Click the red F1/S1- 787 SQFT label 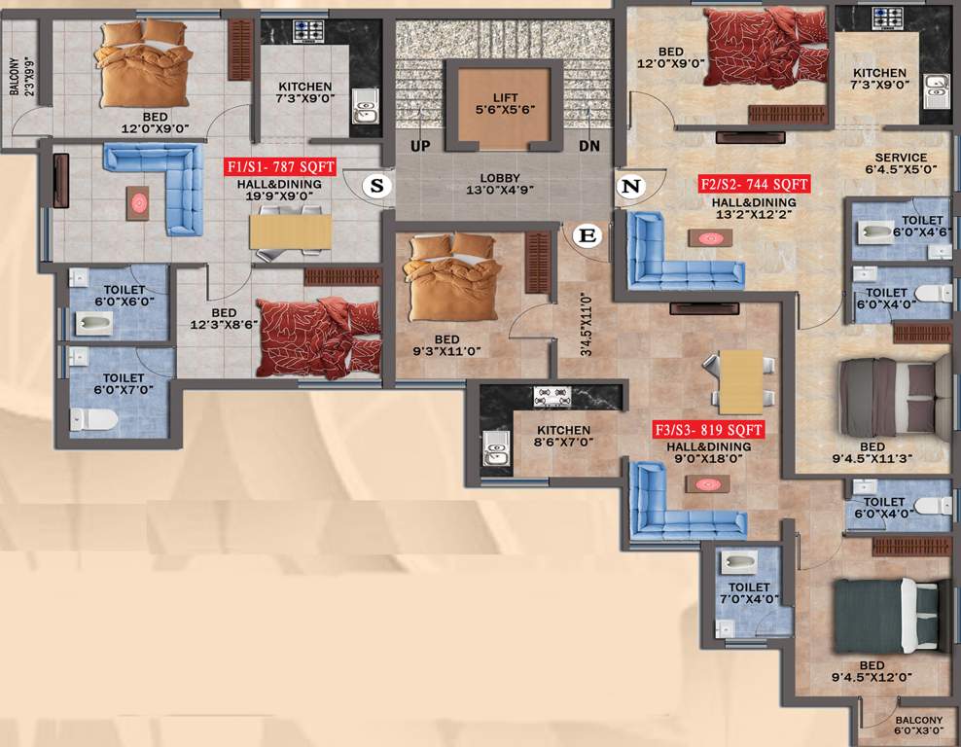click(280, 167)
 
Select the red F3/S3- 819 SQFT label click(708, 429)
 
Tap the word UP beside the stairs click(420, 145)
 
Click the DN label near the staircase click(589, 145)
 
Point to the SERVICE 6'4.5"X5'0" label click(901, 163)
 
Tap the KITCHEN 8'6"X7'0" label click(563, 436)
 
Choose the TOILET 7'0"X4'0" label click(749, 593)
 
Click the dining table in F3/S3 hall click(742, 381)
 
